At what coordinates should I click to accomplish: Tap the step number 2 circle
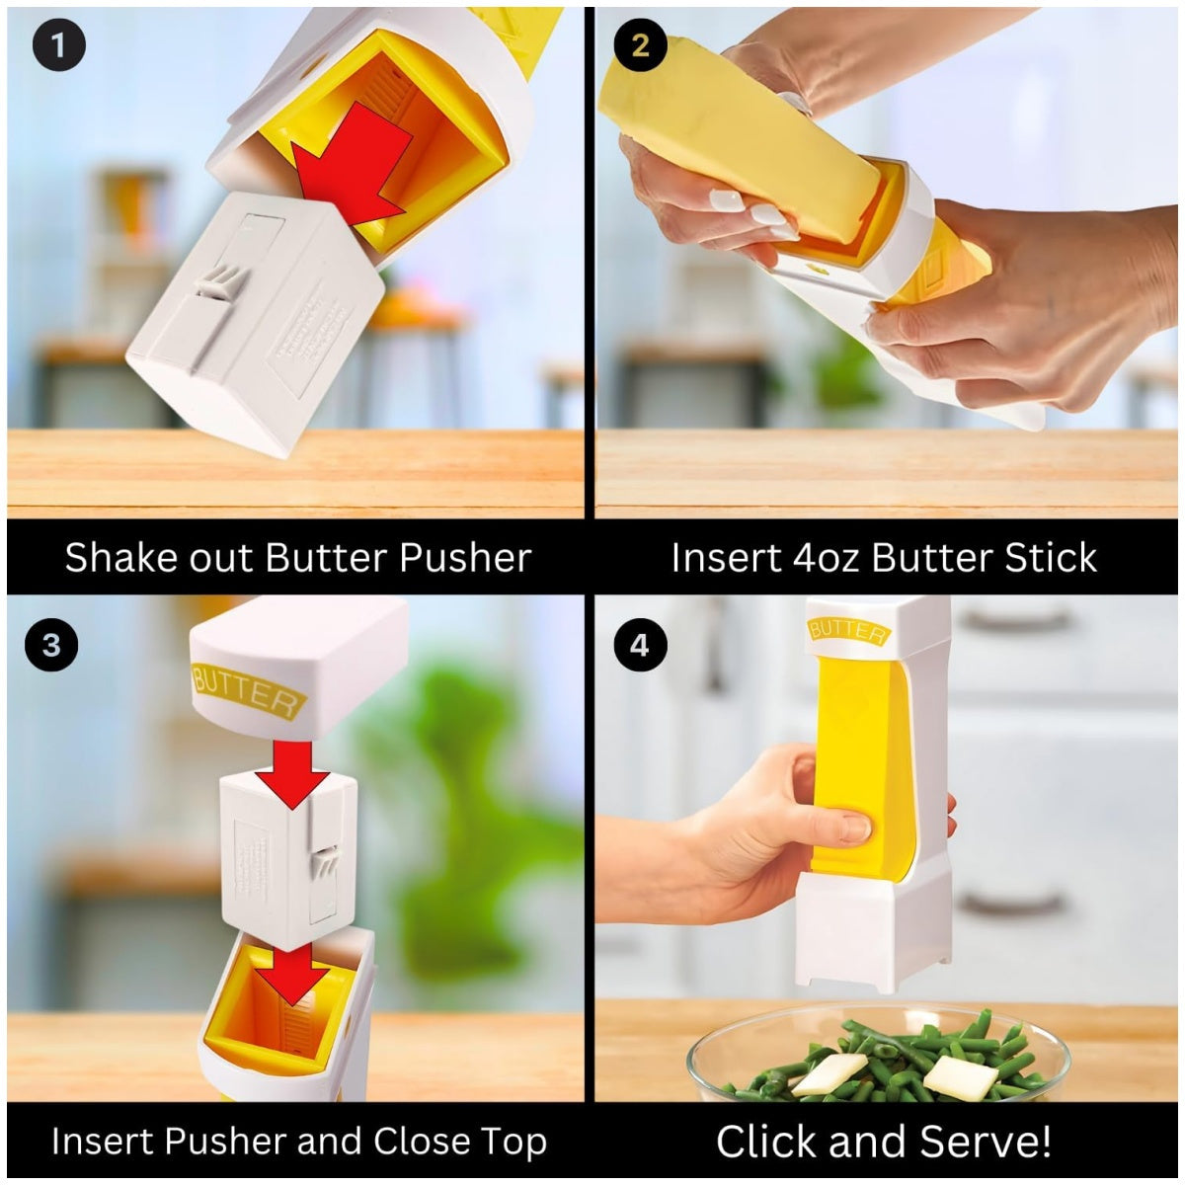[x=640, y=45]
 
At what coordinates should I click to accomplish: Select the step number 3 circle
[x=51, y=645]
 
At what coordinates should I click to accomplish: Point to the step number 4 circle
[x=640, y=645]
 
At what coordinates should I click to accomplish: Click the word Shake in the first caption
[x=110, y=558]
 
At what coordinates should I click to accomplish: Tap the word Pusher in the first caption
[x=465, y=558]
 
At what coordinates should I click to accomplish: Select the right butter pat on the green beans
[x=960, y=1078]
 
